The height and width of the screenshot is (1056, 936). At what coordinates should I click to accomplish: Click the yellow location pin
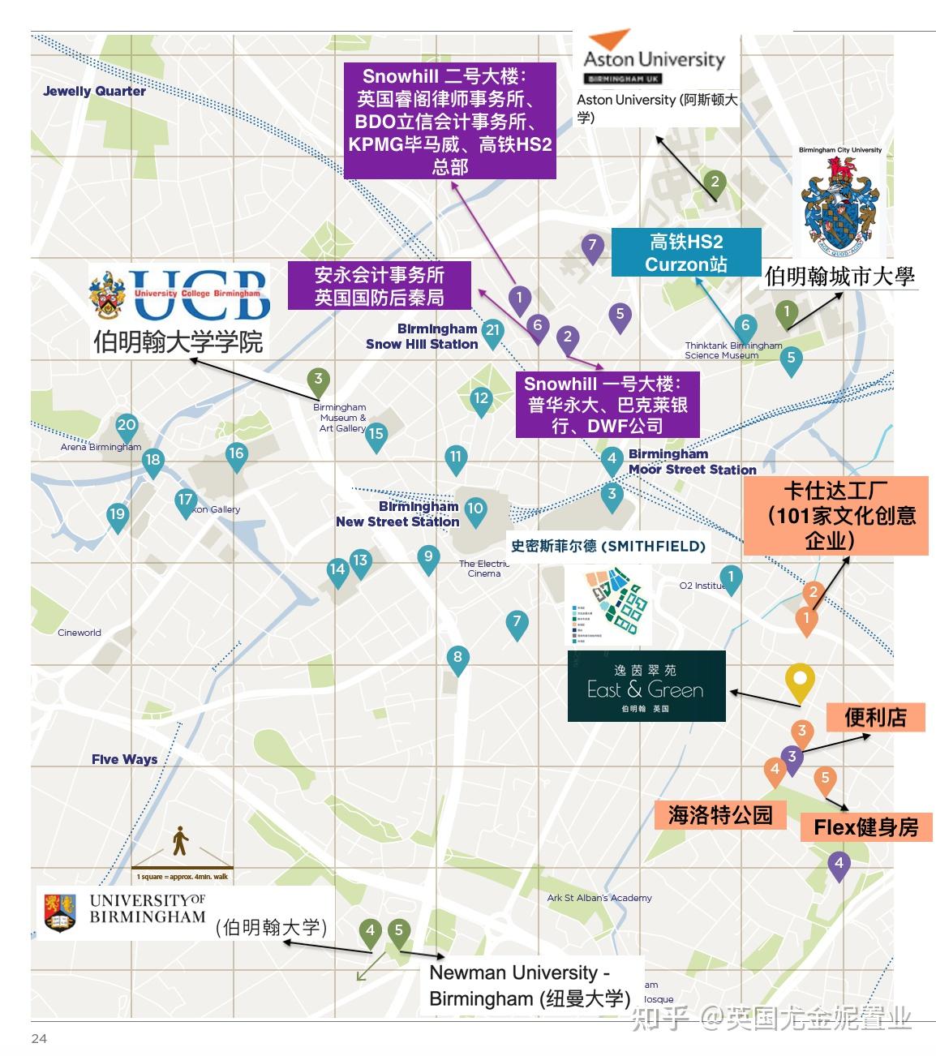click(x=800, y=681)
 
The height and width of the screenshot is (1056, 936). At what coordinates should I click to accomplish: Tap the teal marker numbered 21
click(x=492, y=331)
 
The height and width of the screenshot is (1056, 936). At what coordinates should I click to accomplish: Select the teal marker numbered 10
click(x=474, y=510)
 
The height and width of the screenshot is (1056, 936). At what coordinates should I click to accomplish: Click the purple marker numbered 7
click(x=592, y=246)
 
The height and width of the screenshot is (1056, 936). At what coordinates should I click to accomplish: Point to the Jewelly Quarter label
click(x=94, y=91)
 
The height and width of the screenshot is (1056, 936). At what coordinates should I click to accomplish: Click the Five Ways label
click(x=124, y=759)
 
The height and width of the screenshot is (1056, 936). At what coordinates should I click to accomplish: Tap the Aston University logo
click(x=654, y=56)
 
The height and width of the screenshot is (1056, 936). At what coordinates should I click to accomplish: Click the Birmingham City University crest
click(x=839, y=204)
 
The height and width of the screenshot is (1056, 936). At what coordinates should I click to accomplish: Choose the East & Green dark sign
click(x=646, y=686)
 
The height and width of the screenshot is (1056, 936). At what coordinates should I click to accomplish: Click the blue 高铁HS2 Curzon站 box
click(x=685, y=252)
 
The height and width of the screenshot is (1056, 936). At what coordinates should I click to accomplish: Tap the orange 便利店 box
click(x=875, y=717)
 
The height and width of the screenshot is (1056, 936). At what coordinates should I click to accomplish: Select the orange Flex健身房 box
click(x=865, y=827)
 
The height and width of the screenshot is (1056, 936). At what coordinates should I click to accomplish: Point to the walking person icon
click(x=180, y=841)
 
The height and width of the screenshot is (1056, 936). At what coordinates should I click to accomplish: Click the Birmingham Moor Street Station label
click(x=692, y=461)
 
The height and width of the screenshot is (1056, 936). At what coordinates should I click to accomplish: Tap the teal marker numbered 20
click(x=127, y=426)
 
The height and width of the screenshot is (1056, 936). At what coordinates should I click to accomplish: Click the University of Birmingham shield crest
click(x=59, y=912)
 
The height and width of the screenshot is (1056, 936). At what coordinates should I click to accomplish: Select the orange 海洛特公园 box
click(x=719, y=814)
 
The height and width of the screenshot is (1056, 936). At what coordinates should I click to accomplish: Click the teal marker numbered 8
click(x=457, y=659)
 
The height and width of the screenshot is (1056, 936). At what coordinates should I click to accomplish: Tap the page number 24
click(x=39, y=1038)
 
